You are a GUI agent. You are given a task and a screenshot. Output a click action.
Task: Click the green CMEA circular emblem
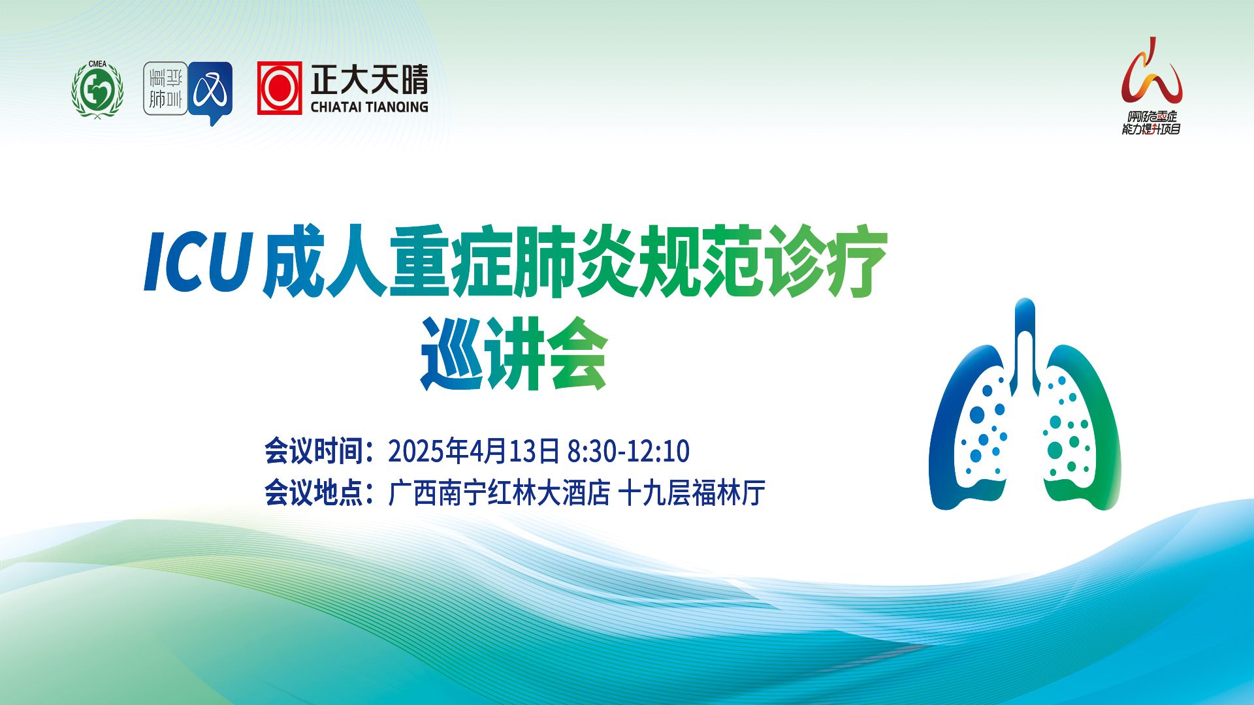pos(97,89)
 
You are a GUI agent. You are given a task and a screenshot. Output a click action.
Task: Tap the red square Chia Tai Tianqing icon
pos(280,88)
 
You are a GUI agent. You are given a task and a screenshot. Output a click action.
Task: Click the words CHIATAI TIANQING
pos(369,107)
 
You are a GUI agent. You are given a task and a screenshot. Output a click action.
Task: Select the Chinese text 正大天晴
pos(370,80)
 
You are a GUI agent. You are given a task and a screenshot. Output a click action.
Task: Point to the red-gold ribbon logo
pos(1151,72)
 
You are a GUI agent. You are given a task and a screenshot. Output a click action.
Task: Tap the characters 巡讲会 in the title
pos(515,353)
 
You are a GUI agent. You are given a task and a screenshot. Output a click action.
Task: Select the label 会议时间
pos(313,451)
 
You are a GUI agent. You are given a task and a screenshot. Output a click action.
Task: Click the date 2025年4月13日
pos(474,451)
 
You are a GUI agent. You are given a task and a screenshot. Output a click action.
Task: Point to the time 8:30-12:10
pos(628,451)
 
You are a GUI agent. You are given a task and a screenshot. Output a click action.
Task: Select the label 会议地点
pos(313,493)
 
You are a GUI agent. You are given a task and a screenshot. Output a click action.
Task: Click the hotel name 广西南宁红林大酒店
pos(500,493)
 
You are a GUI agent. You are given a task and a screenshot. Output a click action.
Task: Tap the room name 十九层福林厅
pos(692,493)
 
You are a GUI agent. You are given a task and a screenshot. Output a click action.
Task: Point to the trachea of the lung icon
pos(1025,346)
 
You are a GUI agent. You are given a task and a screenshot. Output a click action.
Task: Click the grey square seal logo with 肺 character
pos(165,89)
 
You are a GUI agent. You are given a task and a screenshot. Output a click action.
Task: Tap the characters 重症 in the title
pos(451,261)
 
